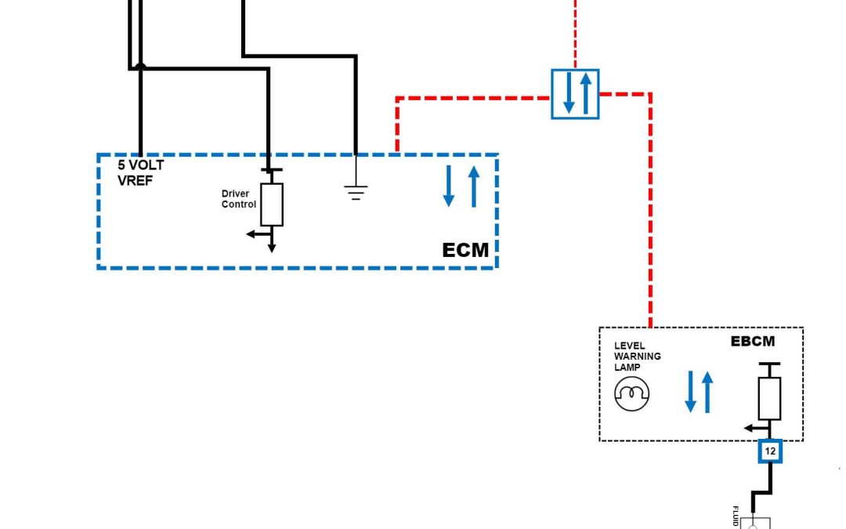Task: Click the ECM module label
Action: click(x=465, y=250)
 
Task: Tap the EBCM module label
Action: click(x=752, y=342)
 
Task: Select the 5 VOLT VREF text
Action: click(x=140, y=172)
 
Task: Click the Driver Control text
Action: click(x=238, y=199)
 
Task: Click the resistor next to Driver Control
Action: click(x=272, y=204)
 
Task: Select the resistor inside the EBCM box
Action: click(x=769, y=398)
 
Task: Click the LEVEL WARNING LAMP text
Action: click(x=637, y=356)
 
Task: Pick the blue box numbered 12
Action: click(x=770, y=451)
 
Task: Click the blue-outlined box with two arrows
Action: click(x=575, y=93)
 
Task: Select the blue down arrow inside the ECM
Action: click(x=449, y=187)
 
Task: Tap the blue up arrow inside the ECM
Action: click(x=473, y=187)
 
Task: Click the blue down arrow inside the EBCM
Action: click(x=691, y=392)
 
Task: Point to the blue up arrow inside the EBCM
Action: click(x=708, y=392)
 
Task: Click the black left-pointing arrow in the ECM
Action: click(x=253, y=234)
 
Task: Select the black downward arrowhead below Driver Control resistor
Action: click(x=272, y=247)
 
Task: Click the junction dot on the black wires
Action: click(x=140, y=67)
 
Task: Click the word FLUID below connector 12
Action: click(x=736, y=516)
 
